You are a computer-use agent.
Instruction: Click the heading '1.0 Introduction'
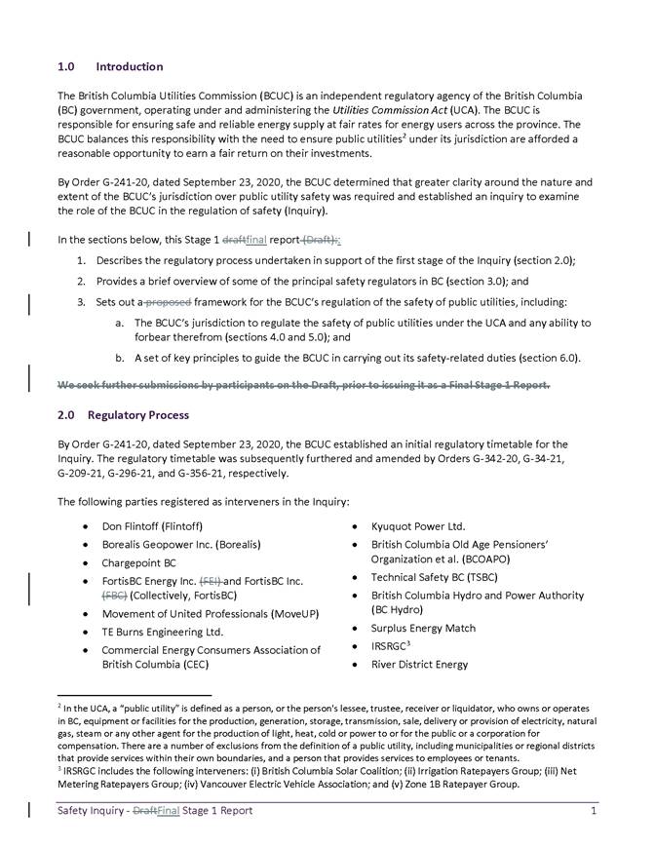coord(110,67)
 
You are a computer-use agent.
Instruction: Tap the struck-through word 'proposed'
coord(172,302)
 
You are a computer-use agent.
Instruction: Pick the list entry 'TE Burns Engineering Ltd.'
coord(163,632)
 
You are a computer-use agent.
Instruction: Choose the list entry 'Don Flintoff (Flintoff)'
coord(152,525)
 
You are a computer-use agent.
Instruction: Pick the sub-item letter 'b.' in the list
coord(119,358)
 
